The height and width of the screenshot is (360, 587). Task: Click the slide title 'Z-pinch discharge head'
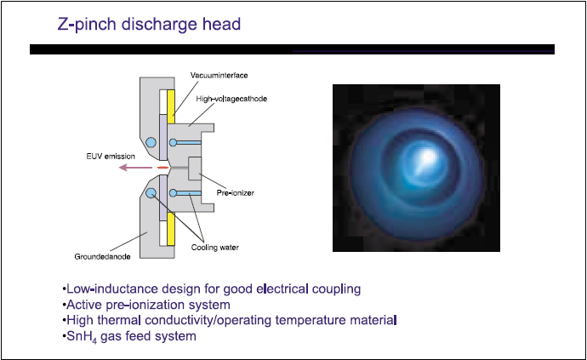tap(149, 25)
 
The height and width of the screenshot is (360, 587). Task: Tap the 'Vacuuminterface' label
tap(219, 75)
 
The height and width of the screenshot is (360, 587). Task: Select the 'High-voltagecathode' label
tap(231, 99)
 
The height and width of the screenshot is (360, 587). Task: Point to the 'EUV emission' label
tap(111, 157)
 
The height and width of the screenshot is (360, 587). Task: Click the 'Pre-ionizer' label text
tap(235, 193)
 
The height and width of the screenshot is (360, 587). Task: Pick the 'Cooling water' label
tap(215, 248)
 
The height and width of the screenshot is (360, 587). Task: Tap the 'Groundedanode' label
tap(102, 257)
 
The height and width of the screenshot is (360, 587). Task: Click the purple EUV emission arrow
tap(135, 168)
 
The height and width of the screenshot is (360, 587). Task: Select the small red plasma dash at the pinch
tap(162, 168)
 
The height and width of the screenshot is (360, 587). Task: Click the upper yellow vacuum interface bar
tap(171, 106)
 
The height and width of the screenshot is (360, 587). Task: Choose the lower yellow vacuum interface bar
tap(171, 229)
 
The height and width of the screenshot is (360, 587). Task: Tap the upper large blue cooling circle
tap(151, 142)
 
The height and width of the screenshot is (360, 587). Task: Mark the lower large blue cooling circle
tap(151, 193)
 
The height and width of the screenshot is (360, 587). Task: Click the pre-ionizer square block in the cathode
tap(195, 169)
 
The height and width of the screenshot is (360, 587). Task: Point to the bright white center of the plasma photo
tap(427, 156)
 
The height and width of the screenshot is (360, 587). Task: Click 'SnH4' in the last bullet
tap(82, 337)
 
